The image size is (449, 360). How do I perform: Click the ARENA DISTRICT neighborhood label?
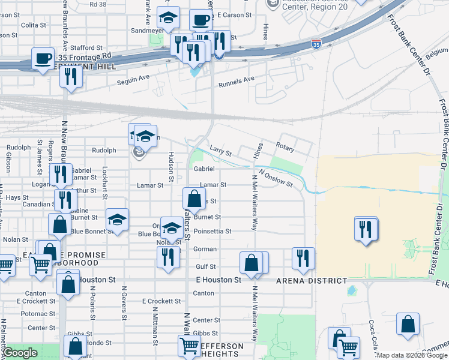coord(312,281)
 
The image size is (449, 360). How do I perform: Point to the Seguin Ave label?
coord(133,78)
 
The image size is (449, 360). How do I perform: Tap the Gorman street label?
coord(205,248)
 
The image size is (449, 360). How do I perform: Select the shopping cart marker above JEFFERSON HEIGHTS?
coord(189,345)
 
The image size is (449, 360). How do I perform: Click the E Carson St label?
coord(232,14)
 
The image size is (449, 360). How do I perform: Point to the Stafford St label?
coord(83,47)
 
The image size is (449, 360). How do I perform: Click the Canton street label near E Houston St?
coord(204,293)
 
